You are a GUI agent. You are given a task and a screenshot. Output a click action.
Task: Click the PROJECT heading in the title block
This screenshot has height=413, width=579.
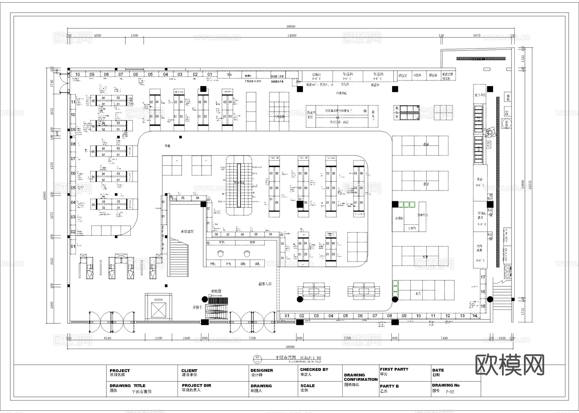click(x=120, y=371)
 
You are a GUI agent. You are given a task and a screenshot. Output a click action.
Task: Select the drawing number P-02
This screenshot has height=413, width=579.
click(x=450, y=392)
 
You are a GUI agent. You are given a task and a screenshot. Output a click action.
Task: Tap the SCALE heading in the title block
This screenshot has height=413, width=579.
click(x=308, y=386)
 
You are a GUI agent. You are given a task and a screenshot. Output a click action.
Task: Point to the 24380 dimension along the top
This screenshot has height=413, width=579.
click(x=291, y=35)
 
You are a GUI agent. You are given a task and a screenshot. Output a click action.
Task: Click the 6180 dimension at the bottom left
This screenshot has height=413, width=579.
click(x=107, y=338)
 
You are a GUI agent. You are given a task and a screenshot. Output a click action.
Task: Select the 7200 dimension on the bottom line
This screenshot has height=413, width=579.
click(x=252, y=338)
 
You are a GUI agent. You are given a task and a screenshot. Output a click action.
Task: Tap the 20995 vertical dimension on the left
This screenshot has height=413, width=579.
click(x=45, y=193)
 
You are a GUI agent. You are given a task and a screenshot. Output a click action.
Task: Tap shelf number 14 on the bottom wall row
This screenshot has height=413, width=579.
click(x=475, y=316)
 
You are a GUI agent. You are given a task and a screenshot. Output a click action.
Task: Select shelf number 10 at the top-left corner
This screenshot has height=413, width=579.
click(x=78, y=74)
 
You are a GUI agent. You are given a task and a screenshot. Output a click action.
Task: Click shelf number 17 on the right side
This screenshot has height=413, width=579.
click(x=483, y=277)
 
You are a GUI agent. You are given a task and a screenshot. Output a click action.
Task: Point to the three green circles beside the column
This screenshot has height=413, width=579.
click(x=407, y=204)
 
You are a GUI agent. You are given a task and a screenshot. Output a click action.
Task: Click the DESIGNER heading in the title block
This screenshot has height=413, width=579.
click(x=262, y=370)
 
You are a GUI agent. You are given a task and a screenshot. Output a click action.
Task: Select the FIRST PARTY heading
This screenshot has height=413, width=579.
click(x=394, y=369)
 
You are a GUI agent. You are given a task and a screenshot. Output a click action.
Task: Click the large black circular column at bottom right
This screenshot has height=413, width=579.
click(x=490, y=299)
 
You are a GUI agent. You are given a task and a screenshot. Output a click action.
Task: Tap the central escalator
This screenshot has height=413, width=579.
click(x=239, y=185)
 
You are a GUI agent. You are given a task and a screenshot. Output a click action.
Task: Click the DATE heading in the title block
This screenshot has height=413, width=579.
click(x=438, y=370)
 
